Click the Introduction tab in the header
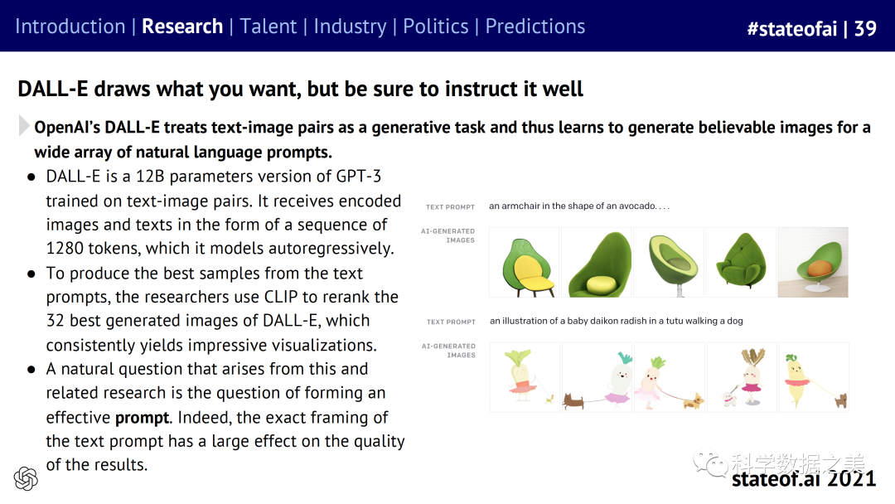[x=70, y=27]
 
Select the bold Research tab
[x=182, y=27]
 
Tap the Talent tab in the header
[x=268, y=27]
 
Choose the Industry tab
[x=350, y=27]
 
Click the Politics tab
[x=436, y=27]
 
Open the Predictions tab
[x=535, y=27]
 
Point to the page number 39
[x=864, y=28]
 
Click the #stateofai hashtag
[x=791, y=28]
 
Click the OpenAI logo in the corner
[x=26, y=478]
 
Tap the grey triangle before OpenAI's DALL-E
[x=23, y=125]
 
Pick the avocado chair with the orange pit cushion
[x=814, y=263]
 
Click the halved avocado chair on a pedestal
[x=670, y=263]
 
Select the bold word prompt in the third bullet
[x=143, y=418]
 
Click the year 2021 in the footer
[x=852, y=478]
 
